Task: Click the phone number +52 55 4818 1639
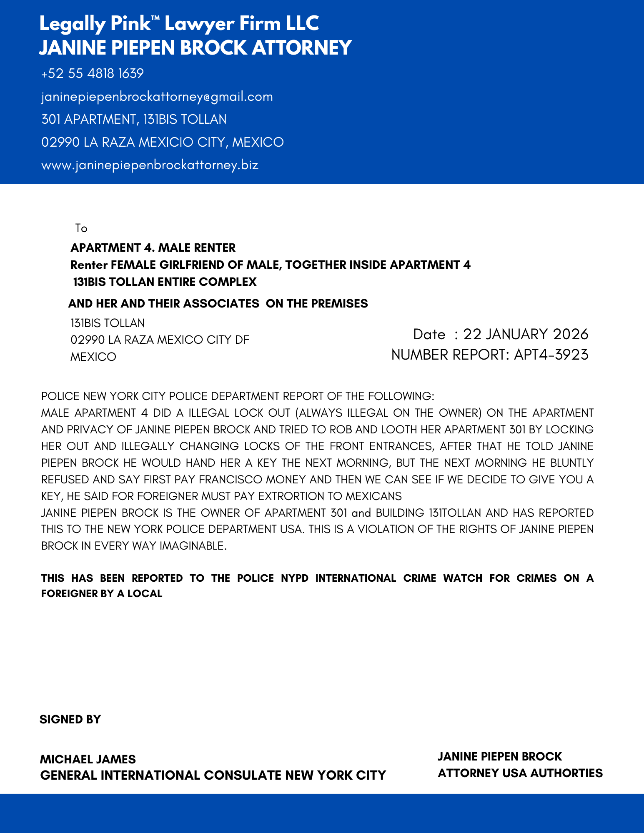93,74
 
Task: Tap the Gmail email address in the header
157,97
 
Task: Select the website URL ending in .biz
150,165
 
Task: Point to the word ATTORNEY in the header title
302,48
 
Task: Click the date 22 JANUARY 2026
526,334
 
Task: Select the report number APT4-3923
551,355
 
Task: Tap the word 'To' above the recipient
81,228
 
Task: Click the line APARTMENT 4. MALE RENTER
153,248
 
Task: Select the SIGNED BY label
70,720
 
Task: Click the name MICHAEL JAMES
88,759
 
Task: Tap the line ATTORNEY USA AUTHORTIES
520,773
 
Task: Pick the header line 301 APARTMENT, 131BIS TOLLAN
134,120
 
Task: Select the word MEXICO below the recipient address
93,357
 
